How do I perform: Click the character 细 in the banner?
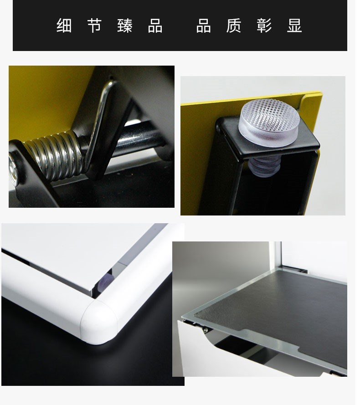[x=65, y=26]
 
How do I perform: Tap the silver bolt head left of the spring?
[x=13, y=169]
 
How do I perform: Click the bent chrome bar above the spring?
[x=102, y=121]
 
